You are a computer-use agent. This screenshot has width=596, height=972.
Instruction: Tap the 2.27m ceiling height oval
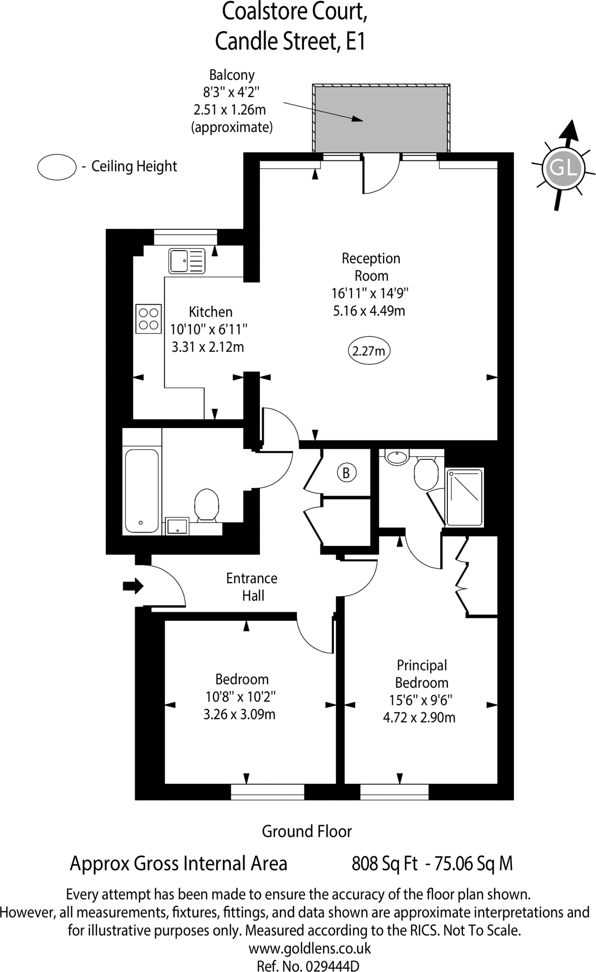coord(369,351)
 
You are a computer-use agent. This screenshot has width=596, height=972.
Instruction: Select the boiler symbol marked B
coord(347,473)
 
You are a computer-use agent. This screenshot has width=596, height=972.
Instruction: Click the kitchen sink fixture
coord(187,261)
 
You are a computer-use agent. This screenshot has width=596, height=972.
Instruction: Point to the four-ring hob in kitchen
coord(149,319)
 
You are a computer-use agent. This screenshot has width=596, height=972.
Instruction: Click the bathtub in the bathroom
coord(141,491)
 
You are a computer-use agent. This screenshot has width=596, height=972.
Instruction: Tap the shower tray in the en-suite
coord(464,497)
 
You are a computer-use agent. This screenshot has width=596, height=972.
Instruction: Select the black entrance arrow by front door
coord(133,586)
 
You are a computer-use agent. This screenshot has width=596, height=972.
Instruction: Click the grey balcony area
coord(381,119)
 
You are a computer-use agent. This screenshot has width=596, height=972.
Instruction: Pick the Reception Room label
coord(371,267)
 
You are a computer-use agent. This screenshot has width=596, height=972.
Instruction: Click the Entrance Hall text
coord(252,587)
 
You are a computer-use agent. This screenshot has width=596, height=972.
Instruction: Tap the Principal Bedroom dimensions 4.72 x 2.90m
coord(419,717)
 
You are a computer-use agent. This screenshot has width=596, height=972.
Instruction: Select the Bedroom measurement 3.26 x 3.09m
coord(239,714)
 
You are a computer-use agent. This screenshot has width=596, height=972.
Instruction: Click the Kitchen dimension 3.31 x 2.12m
coord(208,347)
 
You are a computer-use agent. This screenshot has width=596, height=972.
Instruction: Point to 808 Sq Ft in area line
coord(384,863)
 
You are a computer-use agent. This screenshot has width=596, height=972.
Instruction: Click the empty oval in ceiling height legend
coord(57,167)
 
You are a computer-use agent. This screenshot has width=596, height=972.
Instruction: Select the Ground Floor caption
coord(307,831)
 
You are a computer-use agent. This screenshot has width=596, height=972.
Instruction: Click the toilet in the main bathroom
coord(207,505)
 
